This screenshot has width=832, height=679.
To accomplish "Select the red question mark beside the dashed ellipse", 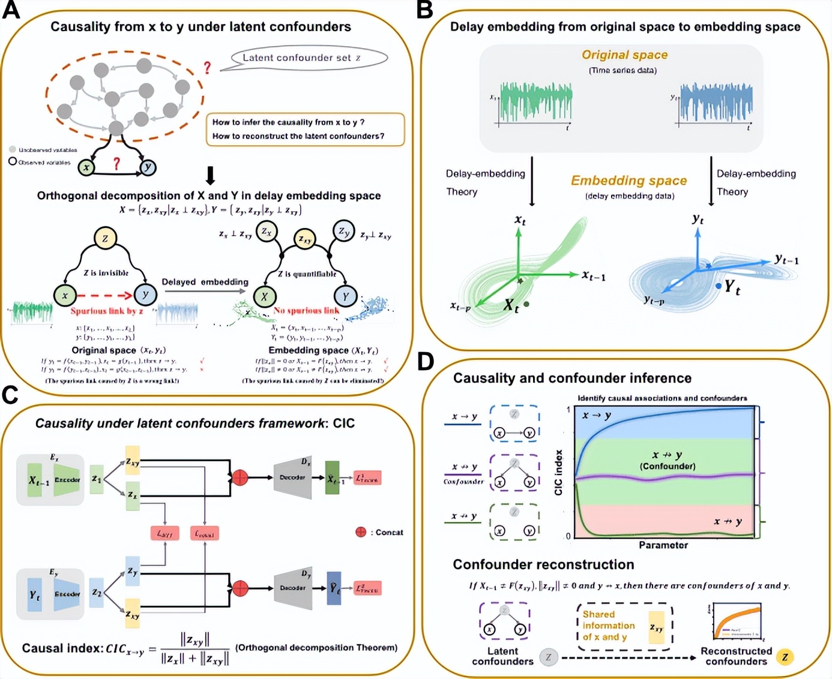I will pyautogui.click(x=207, y=67).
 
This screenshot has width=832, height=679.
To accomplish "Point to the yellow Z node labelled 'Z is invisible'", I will pyautogui.click(x=105, y=238).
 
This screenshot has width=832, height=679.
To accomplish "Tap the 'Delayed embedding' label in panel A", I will pyautogui.click(x=205, y=282).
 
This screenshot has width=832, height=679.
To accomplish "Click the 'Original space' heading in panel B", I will pyautogui.click(x=624, y=55).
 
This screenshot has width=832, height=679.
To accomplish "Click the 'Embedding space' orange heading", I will pyautogui.click(x=629, y=181).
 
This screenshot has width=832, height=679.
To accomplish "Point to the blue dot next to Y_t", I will pyautogui.click(x=719, y=286).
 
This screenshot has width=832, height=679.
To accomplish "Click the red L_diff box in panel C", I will pyautogui.click(x=164, y=533).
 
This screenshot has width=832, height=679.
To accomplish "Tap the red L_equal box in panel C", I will pyautogui.click(x=205, y=533).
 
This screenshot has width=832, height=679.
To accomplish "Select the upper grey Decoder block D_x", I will pyautogui.click(x=292, y=477).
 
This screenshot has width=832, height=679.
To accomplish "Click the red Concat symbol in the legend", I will pyautogui.click(x=361, y=532).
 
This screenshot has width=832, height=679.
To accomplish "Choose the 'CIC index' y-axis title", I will pyautogui.click(x=559, y=473).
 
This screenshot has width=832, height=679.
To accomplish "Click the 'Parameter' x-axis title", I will pyautogui.click(x=663, y=545).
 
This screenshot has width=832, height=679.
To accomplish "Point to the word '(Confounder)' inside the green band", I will pyautogui.click(x=667, y=466).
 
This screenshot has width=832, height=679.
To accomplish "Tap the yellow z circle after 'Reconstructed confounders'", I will pyautogui.click(x=785, y=657).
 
